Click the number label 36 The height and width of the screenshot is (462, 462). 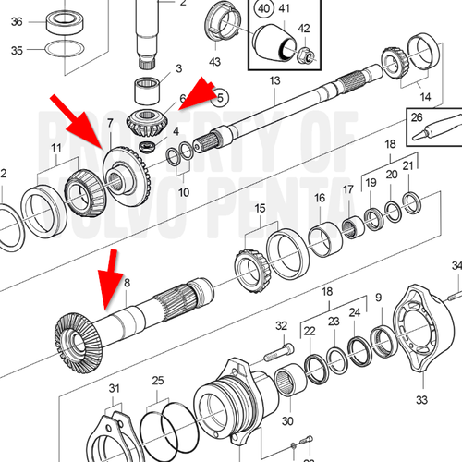17,23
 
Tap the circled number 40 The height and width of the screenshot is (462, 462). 264,12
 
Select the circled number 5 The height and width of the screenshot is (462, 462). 220,93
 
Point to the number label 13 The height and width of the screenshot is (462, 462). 274,82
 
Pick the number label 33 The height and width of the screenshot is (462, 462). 422,399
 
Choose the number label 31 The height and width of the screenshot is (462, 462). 115,386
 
